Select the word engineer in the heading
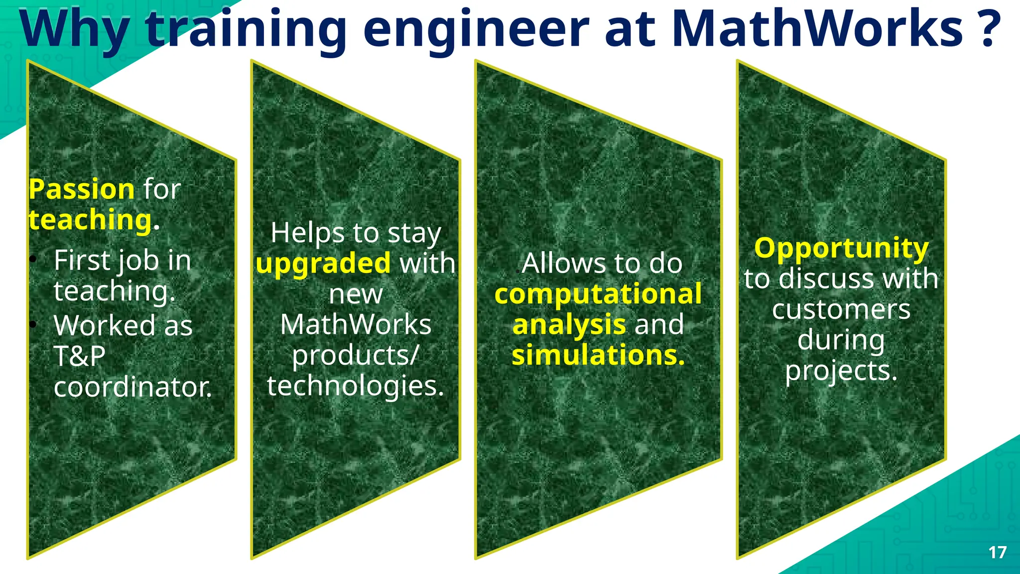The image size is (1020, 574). (476, 30)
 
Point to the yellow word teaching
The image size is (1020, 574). (90, 220)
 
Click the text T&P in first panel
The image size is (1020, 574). (80, 356)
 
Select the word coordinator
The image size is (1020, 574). (132, 387)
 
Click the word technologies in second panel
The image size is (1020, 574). (355, 386)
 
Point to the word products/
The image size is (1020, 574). (355, 356)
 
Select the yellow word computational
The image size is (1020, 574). (598, 294)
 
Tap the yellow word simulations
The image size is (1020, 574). (598, 356)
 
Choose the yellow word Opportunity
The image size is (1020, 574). (841, 249)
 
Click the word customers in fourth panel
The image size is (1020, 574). (841, 310)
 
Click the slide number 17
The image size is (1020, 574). (997, 552)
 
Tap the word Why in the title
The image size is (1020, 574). (75, 30)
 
